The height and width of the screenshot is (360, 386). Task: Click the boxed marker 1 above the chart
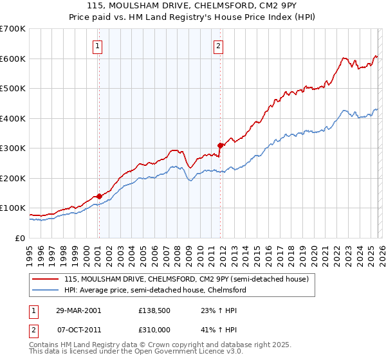[98, 46]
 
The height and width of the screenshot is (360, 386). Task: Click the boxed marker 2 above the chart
[219, 46]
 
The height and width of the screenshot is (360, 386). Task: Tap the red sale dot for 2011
[220, 145]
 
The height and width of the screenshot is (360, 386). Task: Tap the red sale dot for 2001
[99, 197]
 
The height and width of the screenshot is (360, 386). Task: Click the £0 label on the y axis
[20, 238]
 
